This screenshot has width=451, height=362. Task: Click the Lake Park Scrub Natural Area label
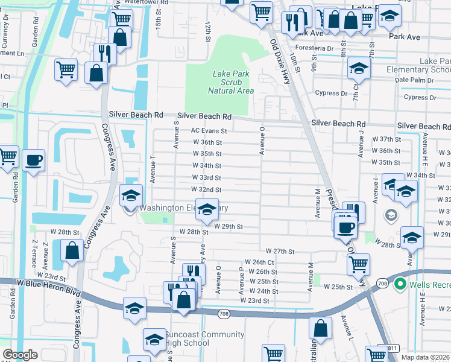click(230, 82)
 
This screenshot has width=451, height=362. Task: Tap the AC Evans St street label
click(209, 130)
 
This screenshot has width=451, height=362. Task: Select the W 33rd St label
click(207, 178)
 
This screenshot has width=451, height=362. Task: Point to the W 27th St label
click(279, 251)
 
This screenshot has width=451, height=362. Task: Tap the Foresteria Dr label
click(313, 48)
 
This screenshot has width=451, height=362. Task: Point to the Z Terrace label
click(34, 255)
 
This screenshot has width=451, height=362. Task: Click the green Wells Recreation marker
click(399, 283)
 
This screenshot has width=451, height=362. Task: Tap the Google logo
click(20, 355)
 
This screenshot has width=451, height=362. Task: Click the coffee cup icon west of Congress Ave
click(33, 160)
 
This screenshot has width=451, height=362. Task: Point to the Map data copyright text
click(426, 357)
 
